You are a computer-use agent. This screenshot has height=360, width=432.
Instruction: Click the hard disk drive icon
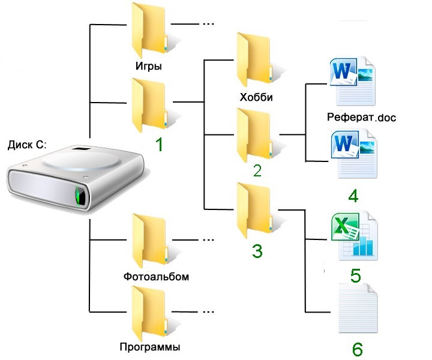click(x=75, y=179)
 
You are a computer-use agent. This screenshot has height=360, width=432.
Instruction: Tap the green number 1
click(x=159, y=145)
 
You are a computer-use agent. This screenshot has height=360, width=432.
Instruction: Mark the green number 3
click(x=257, y=251)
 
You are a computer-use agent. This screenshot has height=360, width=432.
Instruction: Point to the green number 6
click(x=356, y=349)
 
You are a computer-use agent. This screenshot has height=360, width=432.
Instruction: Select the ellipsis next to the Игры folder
click(x=208, y=25)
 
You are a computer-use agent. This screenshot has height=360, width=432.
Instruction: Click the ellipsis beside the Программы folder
click(x=208, y=311)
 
